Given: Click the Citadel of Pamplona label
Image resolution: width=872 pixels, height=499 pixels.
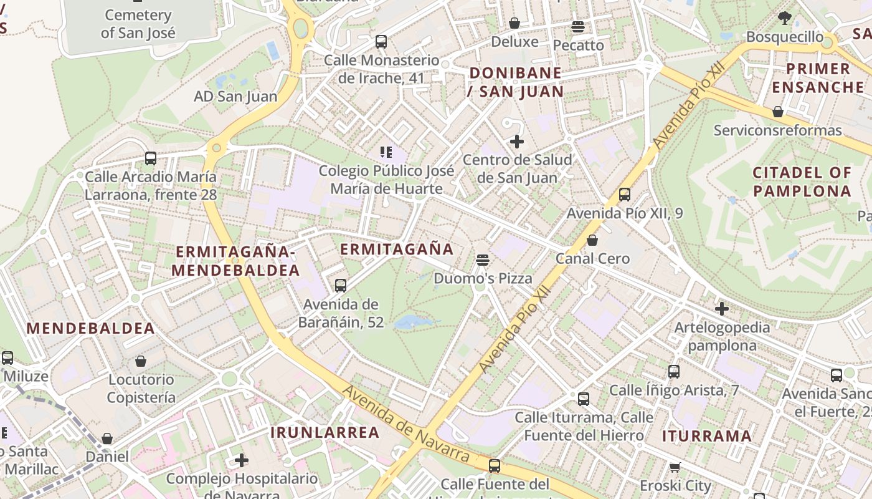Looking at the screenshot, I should click(x=802, y=181).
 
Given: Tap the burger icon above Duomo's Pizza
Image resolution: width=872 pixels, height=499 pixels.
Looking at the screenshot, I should click(x=482, y=259).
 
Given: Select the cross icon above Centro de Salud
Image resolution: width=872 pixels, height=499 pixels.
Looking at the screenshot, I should click(x=516, y=142).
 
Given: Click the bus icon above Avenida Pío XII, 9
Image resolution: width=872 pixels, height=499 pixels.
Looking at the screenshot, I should click(x=625, y=195).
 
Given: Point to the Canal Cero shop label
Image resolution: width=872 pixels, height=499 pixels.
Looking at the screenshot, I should click(x=592, y=258).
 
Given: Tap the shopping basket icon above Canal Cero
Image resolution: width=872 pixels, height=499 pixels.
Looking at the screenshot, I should click(x=592, y=240).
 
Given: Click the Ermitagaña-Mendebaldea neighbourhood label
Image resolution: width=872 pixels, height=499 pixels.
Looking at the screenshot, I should click(x=235, y=261).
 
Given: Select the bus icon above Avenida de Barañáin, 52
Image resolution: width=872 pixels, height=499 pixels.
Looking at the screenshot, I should click(x=340, y=286).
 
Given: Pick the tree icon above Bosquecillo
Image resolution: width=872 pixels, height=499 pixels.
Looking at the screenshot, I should click(x=785, y=18).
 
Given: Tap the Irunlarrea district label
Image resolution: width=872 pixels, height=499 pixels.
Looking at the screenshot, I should click(x=325, y=432).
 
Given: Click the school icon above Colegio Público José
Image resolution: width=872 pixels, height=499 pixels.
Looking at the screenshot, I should click(x=386, y=152).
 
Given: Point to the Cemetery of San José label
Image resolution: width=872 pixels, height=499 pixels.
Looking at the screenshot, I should click(x=138, y=24).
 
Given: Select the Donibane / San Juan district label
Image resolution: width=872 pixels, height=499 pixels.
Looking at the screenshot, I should click(x=516, y=82).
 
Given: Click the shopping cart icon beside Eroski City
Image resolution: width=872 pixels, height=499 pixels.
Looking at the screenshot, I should click(x=675, y=467).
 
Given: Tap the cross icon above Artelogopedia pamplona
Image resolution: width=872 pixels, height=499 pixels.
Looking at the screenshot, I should click(x=722, y=308).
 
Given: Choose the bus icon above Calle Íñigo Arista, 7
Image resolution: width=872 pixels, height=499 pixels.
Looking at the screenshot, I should click(x=674, y=372).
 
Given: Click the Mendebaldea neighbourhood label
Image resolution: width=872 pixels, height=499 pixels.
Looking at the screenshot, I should click(x=90, y=328).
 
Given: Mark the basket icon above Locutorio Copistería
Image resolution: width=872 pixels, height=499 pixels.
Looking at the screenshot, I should click(x=141, y=361).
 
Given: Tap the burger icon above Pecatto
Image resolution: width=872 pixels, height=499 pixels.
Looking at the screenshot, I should click(x=578, y=27).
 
